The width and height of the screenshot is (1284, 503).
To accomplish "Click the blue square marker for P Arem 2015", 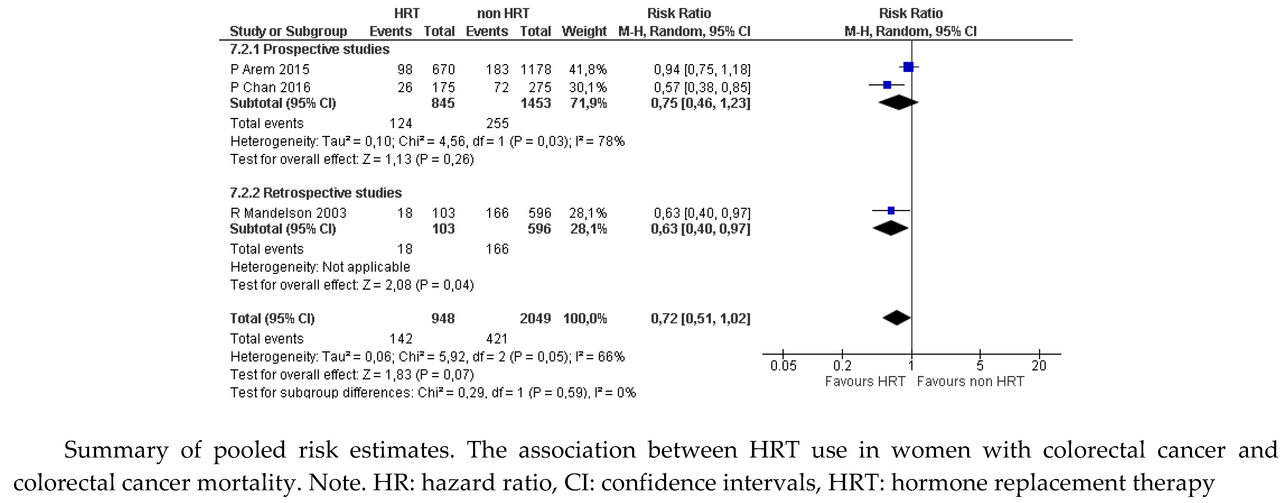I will [908, 67].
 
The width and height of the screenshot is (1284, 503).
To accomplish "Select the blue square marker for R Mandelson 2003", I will [891, 211].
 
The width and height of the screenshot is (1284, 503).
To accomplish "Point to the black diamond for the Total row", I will [897, 318].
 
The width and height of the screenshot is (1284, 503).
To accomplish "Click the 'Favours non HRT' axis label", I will [970, 382].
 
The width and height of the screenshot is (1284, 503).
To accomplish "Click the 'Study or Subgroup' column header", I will [288, 31].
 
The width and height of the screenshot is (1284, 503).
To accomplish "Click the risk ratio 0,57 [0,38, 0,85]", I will [702, 88].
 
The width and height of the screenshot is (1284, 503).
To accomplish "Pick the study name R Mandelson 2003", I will [288, 213].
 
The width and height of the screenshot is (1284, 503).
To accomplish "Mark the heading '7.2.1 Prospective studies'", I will [309, 49].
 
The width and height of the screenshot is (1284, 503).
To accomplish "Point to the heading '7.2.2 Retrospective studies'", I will [315, 193].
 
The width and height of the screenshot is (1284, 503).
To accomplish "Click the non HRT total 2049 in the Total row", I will [535, 318].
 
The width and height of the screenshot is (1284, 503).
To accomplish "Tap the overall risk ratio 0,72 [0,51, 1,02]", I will [700, 318].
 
